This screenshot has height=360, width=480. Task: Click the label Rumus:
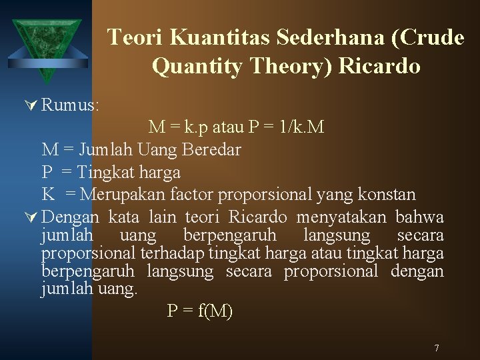(70, 105)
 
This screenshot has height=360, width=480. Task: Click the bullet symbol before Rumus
(31, 105)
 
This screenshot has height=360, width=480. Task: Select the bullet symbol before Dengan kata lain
(31, 217)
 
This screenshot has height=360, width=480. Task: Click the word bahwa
(419, 217)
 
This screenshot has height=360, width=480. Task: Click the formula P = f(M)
(199, 311)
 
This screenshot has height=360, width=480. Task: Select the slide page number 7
(436, 348)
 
